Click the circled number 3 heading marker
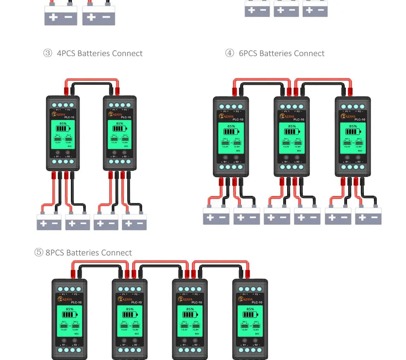point(48,53)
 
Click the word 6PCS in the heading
point(248,53)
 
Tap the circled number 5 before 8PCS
point(39,252)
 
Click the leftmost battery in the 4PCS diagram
point(49,221)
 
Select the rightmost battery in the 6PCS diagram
point(368,216)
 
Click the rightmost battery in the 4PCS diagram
point(134,221)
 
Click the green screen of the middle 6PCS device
point(292,138)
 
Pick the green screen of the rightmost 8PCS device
point(250,320)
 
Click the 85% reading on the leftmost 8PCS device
point(69,309)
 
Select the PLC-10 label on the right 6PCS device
point(360,120)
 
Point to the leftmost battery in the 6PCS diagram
point(216,216)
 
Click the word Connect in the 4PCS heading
point(127,53)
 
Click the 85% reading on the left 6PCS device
point(231,126)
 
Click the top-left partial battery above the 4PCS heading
point(60,16)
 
